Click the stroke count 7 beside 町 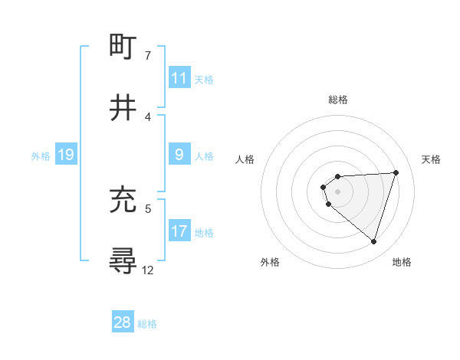coord(148,56)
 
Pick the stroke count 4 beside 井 coord(148,116)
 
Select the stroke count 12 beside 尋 coord(148,270)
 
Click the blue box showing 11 coord(179,78)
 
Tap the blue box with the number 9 coord(179,155)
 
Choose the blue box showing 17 coord(179,231)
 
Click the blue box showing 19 coord(66,155)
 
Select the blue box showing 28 coord(123,322)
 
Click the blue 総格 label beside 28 coord(147,324)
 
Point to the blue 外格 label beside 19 coord(40,155)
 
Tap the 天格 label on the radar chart coord(431,159)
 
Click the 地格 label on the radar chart coord(402,262)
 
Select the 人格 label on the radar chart coord(245,159)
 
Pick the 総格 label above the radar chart coord(338,100)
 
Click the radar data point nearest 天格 coord(396,172)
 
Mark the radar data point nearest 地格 coord(374,242)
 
